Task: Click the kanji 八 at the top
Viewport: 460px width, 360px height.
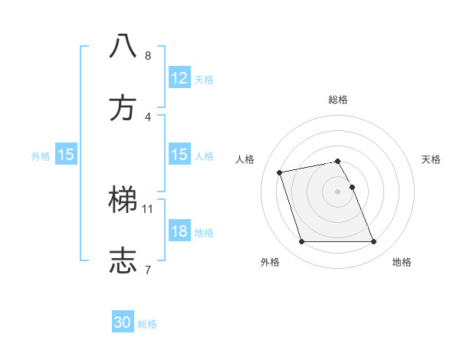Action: tap(123, 46)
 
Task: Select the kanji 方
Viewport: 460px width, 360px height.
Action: tap(123, 108)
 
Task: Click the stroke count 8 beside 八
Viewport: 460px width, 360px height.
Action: tap(148, 56)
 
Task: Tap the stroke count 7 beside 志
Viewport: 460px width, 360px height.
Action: tap(148, 270)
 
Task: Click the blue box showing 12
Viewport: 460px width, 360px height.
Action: tap(179, 79)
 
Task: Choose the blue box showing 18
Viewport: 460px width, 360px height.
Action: tap(179, 231)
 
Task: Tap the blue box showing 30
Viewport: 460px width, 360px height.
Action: tap(123, 323)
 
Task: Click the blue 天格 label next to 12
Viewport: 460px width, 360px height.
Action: tap(204, 80)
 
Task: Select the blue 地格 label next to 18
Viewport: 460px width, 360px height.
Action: tap(204, 232)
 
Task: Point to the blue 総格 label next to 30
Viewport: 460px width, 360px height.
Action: tap(147, 324)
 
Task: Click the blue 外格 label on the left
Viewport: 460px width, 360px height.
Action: tap(41, 155)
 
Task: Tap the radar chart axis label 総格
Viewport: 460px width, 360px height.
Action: tap(338, 100)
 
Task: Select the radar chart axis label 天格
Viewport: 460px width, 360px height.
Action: tap(431, 159)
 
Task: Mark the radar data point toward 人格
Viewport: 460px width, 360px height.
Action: tap(280, 172)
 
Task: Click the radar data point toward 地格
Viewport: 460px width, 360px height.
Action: tap(373, 242)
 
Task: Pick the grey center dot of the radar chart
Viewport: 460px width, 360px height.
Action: tap(338, 191)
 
